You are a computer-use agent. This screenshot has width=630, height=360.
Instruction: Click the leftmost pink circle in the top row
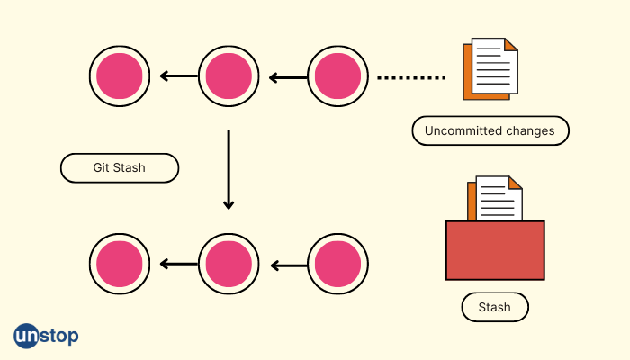(x=119, y=76)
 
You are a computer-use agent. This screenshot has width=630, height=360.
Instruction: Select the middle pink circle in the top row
(x=229, y=76)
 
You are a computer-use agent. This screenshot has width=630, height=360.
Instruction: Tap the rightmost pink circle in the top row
(x=338, y=76)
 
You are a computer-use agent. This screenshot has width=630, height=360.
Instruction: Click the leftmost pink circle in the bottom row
(x=119, y=265)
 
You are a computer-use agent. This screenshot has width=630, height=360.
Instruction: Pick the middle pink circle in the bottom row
(x=229, y=265)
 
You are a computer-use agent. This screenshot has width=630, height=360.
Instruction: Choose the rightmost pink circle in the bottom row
(x=338, y=265)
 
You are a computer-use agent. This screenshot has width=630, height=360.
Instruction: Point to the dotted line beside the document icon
(x=410, y=78)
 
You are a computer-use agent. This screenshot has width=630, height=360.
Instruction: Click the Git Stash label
(x=119, y=168)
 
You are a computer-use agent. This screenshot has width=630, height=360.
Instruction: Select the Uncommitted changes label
(x=490, y=130)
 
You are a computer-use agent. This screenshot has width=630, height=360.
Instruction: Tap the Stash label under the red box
(x=494, y=307)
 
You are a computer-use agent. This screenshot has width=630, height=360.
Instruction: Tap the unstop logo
(x=46, y=336)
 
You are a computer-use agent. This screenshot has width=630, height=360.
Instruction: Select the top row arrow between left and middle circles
(x=178, y=77)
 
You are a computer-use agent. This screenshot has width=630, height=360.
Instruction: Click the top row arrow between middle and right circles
(x=288, y=77)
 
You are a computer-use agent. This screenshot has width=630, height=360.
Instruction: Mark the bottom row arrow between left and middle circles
(x=178, y=265)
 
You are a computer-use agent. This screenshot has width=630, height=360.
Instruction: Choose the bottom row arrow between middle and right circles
(x=288, y=265)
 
